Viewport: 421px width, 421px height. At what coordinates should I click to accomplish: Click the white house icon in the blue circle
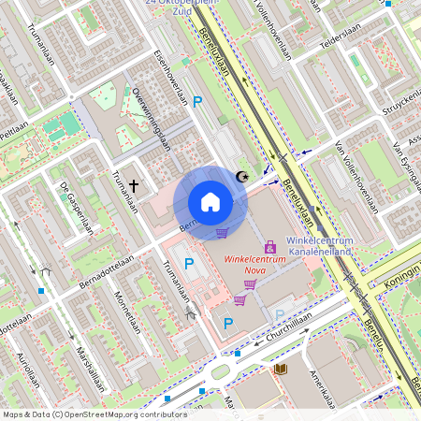210,202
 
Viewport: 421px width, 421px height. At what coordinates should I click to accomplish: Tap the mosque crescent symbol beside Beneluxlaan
244,176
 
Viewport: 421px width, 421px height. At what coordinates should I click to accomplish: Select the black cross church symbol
134,186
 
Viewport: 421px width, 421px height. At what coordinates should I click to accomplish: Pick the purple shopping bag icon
271,247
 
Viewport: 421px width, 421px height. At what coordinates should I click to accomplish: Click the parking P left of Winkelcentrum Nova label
190,265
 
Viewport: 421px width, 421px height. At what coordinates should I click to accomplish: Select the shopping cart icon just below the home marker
222,234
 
